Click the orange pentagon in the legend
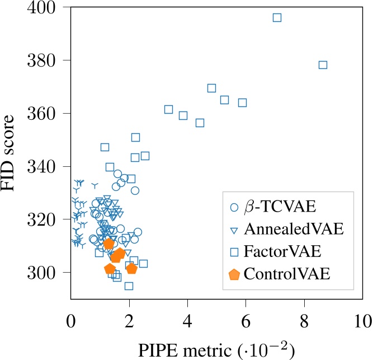(235, 274)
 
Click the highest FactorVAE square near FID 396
(277, 17)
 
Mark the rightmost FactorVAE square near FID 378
(323, 65)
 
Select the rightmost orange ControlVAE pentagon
(131, 269)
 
